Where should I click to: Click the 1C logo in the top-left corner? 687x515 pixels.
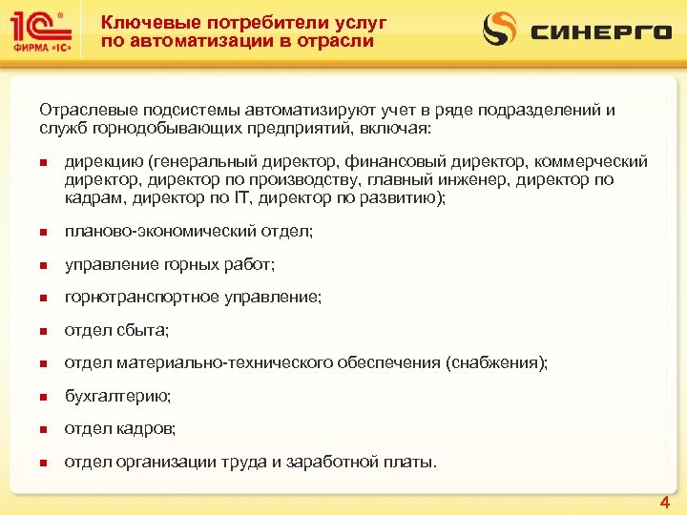click(x=39, y=25)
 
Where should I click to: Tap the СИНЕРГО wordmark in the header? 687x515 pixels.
click(x=601, y=31)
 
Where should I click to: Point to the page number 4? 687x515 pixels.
click(x=664, y=502)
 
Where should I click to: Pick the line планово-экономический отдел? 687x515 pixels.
click(x=189, y=231)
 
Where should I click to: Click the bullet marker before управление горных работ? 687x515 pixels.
click(x=44, y=265)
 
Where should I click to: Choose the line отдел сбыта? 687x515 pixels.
click(x=116, y=330)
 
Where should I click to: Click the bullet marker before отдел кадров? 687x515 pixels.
click(x=44, y=430)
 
